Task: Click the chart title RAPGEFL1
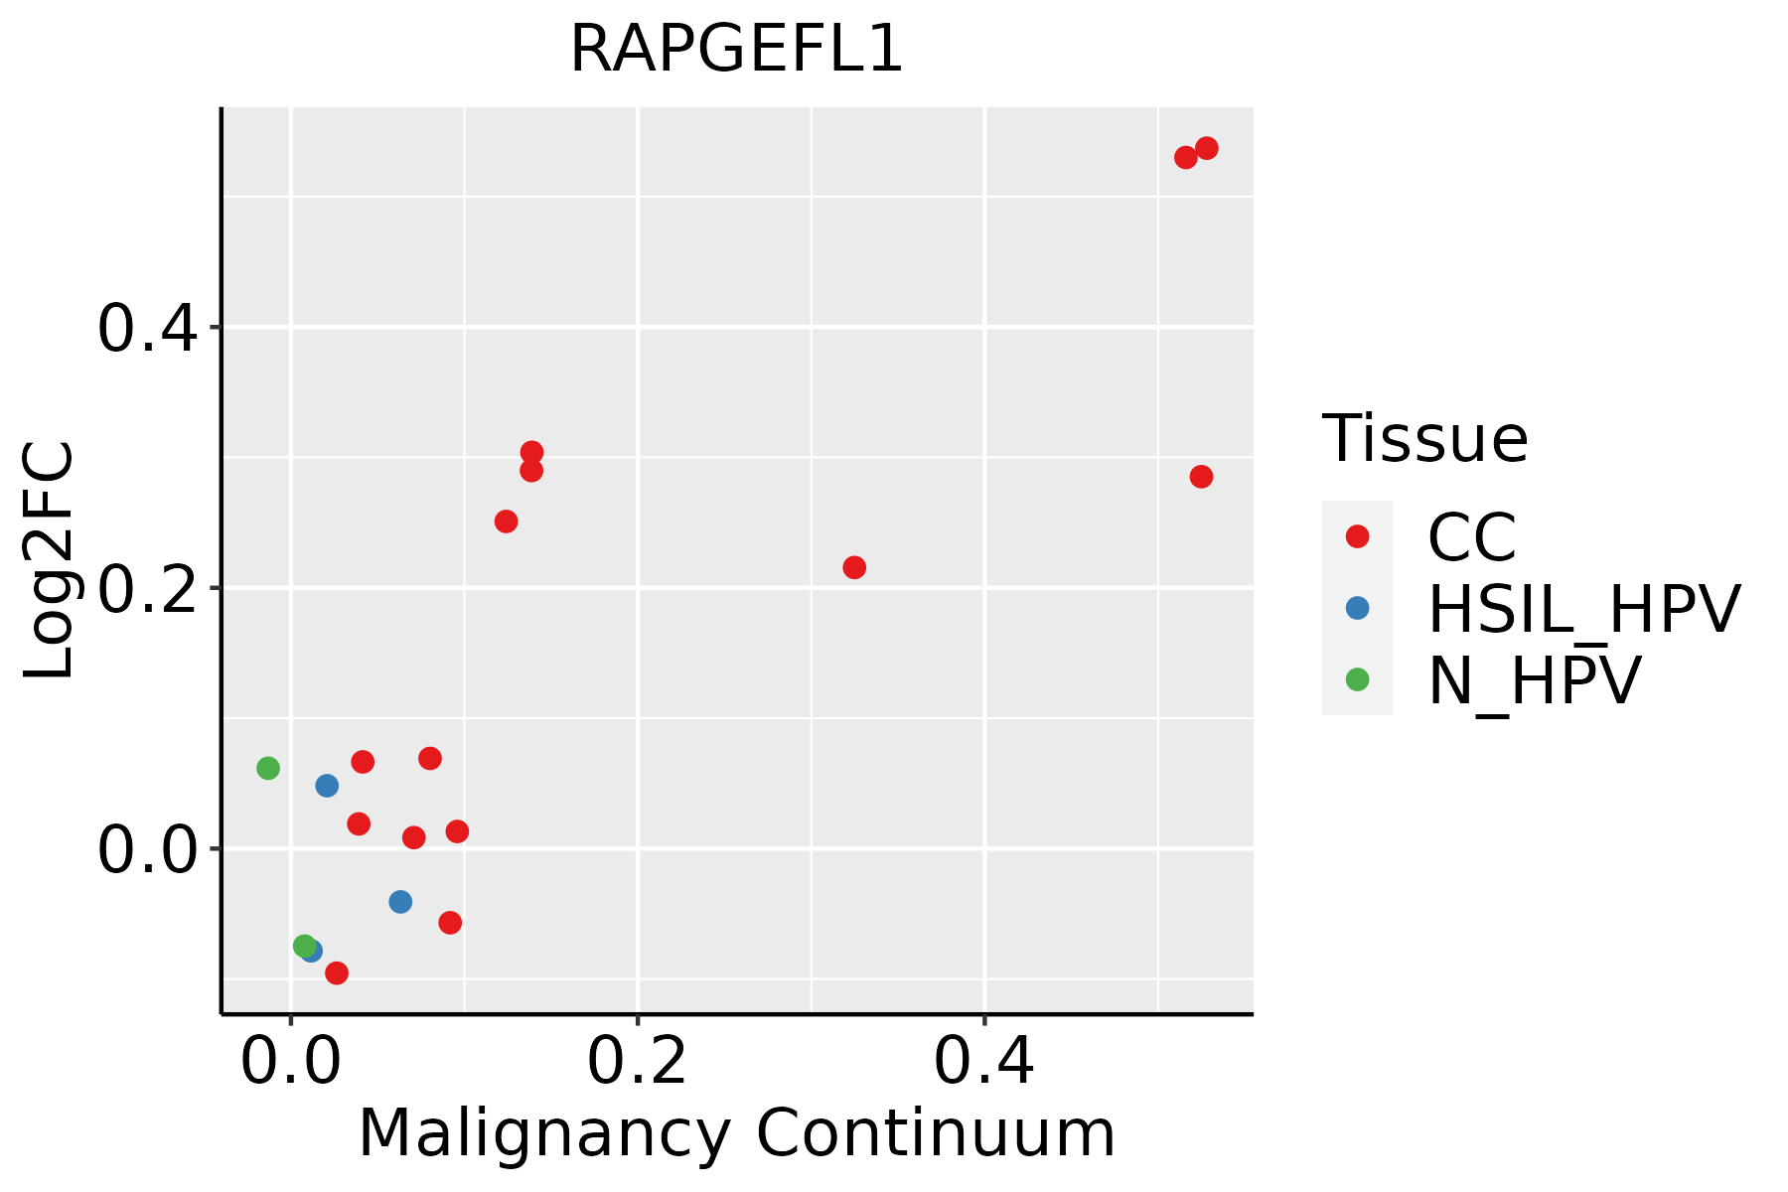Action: click(x=736, y=50)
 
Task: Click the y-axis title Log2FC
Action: click(x=50, y=561)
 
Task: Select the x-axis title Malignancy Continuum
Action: click(x=736, y=1133)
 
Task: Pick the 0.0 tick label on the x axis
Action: click(x=290, y=1062)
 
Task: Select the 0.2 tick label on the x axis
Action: click(x=637, y=1062)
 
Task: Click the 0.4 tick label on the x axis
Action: click(x=983, y=1062)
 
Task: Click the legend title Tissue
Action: click(x=1424, y=439)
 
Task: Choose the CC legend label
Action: click(x=1472, y=537)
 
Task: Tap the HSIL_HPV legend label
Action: click(x=1583, y=609)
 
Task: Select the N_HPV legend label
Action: click(x=1534, y=680)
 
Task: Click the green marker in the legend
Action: click(x=1357, y=679)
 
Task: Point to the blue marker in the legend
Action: click(x=1357, y=608)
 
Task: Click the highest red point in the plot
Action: click(x=1207, y=148)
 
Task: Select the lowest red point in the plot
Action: click(x=337, y=972)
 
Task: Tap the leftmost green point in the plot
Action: click(x=268, y=768)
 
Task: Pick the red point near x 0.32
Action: click(x=854, y=567)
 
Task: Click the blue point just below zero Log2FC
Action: click(x=400, y=902)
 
